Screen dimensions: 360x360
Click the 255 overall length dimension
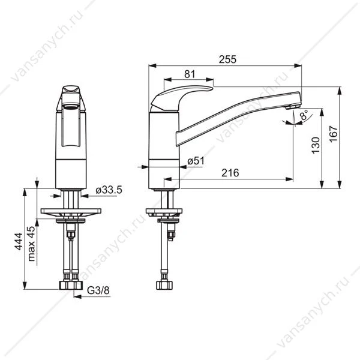pos(227,59)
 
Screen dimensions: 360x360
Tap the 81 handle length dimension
pos(190,74)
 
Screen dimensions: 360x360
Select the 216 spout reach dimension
pos(230,173)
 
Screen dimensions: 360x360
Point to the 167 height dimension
pos(334,134)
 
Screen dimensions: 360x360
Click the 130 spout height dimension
pos(316,145)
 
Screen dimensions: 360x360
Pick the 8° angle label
pos(304,115)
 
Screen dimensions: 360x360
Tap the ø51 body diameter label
pos(196,161)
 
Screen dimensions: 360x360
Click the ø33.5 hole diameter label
pos(109,190)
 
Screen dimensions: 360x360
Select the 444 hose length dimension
pos(19,241)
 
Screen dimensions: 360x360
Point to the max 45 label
pos(31,244)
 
